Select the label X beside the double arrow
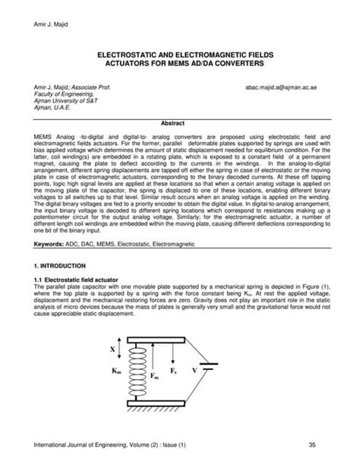pos(113,350)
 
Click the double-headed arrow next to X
pos(124,350)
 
